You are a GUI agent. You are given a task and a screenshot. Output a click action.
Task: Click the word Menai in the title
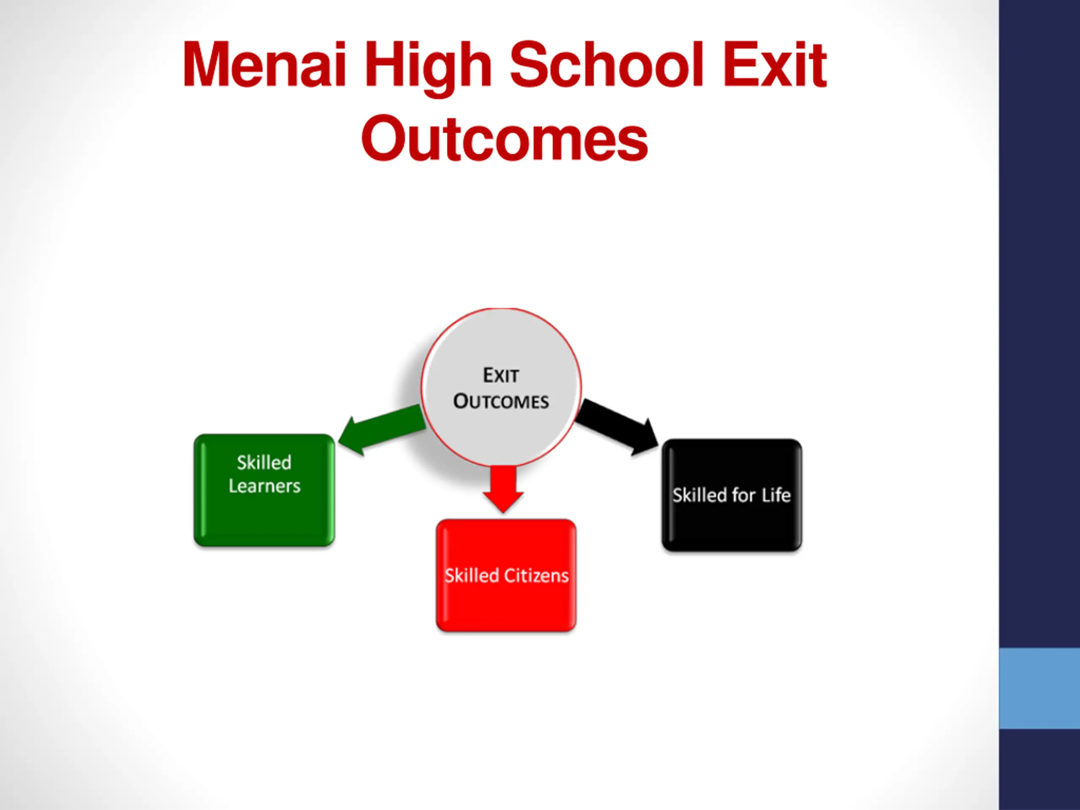(x=264, y=65)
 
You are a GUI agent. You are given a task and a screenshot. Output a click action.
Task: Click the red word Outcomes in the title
(x=505, y=139)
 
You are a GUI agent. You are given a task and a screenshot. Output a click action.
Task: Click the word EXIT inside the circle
(x=501, y=375)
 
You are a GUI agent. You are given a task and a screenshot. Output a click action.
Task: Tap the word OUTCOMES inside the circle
(x=501, y=401)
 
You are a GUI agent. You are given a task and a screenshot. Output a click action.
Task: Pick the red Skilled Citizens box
(x=506, y=605)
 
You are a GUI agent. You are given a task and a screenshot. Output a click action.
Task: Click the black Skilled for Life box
(x=732, y=522)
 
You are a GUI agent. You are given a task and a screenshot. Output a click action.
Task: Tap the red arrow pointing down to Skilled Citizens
(x=503, y=488)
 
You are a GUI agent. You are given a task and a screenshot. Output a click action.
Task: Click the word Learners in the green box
(x=265, y=486)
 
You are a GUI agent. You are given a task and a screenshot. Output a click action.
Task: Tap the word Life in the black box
(x=776, y=495)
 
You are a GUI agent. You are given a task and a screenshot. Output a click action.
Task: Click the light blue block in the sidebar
(x=1039, y=688)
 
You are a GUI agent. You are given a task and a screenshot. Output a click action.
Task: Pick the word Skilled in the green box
(x=264, y=462)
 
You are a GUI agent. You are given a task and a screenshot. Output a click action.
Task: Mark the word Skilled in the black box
(x=699, y=495)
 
